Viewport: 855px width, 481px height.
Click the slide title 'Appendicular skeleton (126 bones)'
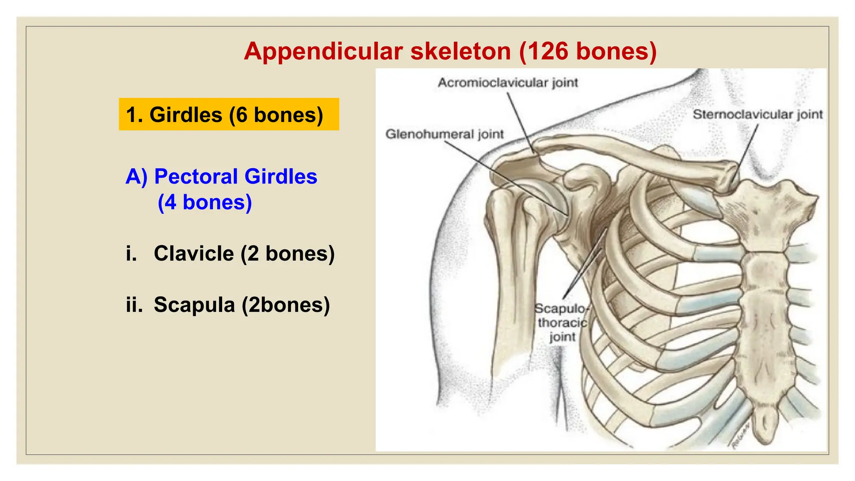pos(450,51)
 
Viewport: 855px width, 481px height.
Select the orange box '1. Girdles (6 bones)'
pos(228,114)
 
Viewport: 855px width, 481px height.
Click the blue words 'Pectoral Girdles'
pos(235,176)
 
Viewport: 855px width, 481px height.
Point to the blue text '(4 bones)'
pos(205,203)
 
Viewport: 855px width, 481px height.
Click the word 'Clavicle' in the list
pos(194,253)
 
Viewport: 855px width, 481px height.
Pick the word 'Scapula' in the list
pos(194,305)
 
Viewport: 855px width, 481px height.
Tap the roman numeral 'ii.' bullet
pos(134,305)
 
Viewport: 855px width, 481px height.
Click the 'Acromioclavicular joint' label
pos(508,83)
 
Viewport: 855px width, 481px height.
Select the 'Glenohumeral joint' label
pos(444,134)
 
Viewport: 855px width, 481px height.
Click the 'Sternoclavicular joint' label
pos(757,114)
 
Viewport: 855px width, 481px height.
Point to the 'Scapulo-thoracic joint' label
pos(562,322)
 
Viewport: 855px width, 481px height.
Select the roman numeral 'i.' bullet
pos(132,253)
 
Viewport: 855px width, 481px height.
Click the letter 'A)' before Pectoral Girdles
pos(137,176)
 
